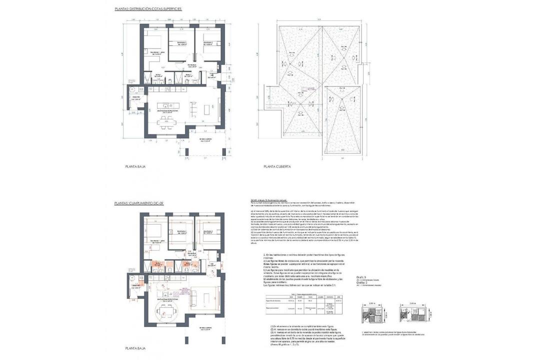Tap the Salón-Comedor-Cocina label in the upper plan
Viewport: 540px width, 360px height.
point(165,112)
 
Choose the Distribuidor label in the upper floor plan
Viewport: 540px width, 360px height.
point(192,65)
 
